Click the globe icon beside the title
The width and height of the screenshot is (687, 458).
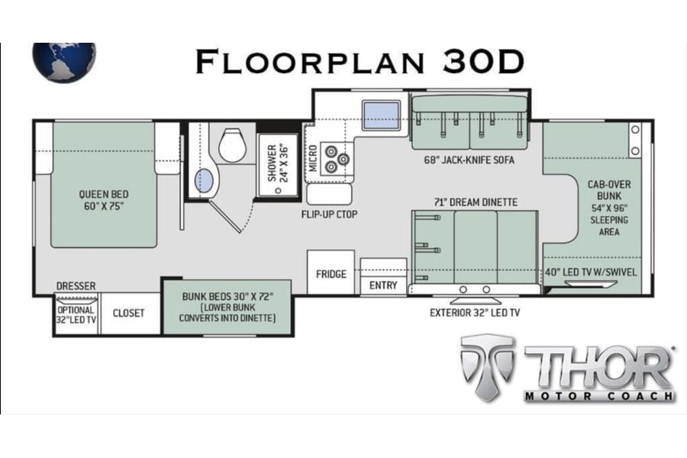point(64,63)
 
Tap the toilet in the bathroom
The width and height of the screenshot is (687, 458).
point(232,144)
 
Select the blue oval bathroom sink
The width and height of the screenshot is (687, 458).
point(204,181)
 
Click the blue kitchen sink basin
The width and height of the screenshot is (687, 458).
point(381,115)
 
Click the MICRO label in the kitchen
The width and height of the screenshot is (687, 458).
point(313,158)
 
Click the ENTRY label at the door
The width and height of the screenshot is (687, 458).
point(383,285)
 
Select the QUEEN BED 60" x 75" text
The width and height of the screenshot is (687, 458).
point(104,200)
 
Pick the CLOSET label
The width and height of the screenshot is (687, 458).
point(128,313)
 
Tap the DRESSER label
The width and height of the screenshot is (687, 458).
point(76,285)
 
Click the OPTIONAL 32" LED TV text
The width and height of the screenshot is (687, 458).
point(76,314)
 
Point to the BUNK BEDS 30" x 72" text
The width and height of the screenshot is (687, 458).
point(227,296)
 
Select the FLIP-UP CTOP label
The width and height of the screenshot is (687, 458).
point(330,214)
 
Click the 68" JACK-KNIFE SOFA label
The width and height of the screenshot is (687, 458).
point(469,160)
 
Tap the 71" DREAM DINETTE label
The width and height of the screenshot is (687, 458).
point(476,202)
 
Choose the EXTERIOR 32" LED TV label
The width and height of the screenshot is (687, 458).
point(475,312)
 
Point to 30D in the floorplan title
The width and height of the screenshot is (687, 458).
point(483,61)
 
